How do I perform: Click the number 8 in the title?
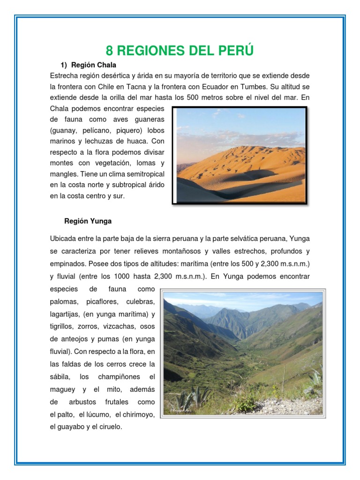110,51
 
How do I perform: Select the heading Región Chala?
93,65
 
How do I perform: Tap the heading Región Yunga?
88,221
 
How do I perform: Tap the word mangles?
64,174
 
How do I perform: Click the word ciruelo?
109,427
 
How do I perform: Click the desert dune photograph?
240,156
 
